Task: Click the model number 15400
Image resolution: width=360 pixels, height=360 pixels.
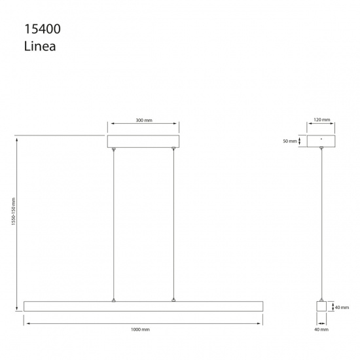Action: (x=41, y=29)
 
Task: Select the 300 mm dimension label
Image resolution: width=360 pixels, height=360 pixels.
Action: (x=143, y=121)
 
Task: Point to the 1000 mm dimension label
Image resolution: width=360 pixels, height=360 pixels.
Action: (x=140, y=330)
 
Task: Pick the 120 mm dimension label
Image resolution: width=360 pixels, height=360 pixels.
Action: (x=321, y=121)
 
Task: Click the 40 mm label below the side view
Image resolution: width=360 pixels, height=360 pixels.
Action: (x=321, y=330)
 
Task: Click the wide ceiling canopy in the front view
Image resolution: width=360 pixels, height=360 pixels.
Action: (x=143, y=142)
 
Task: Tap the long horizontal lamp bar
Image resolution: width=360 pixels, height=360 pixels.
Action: (x=143, y=306)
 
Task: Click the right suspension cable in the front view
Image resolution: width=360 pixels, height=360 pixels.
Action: (x=173, y=226)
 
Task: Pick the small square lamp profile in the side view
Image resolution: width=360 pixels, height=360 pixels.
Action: (x=321, y=306)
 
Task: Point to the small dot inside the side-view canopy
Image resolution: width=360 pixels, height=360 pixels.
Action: (x=321, y=139)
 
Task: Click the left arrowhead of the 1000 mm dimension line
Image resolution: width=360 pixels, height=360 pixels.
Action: (x=27, y=322)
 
